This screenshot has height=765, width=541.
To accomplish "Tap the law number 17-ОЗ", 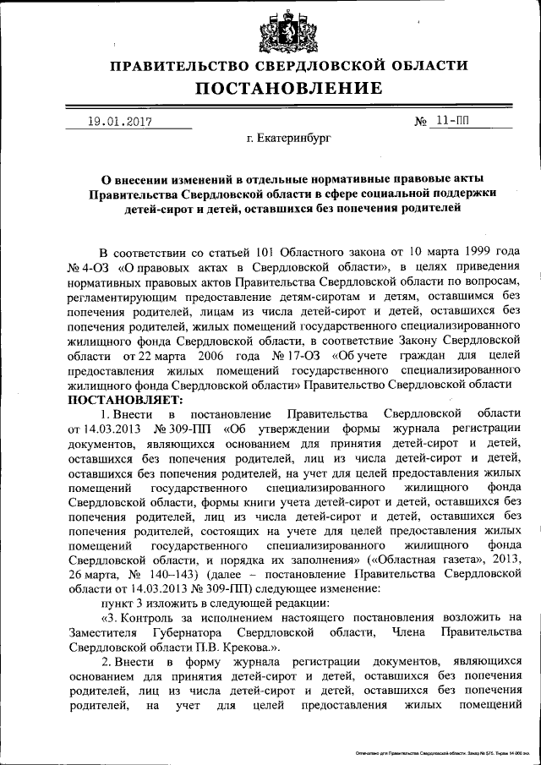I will click(x=303, y=356).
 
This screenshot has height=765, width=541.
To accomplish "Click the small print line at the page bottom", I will click(x=436, y=751).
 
